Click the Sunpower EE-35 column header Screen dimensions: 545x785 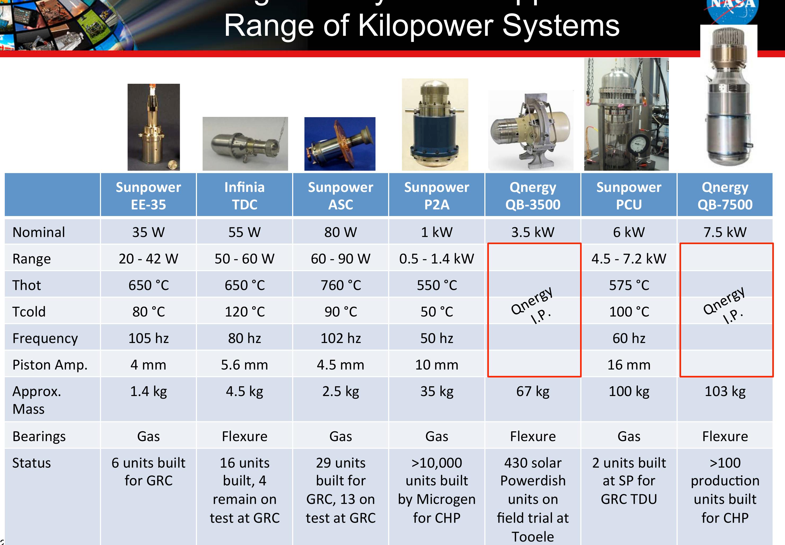pyautogui.click(x=148, y=196)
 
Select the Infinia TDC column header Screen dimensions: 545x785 pyautogui.click(x=244, y=196)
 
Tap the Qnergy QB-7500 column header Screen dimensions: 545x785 pyautogui.click(x=725, y=196)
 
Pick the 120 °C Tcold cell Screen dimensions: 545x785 pyautogui.click(x=244, y=312)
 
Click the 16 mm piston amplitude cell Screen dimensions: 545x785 pyautogui.click(x=629, y=365)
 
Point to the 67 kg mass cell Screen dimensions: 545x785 pyautogui.click(x=533, y=391)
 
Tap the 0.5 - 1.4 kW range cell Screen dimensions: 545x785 pyautogui.click(x=436, y=259)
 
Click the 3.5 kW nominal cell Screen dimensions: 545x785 pyautogui.click(x=533, y=232)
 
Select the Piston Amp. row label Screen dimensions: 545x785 pyautogui.click(x=50, y=365)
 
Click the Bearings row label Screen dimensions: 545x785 pyautogui.click(x=39, y=436)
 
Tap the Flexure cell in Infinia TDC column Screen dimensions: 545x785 pyautogui.click(x=244, y=436)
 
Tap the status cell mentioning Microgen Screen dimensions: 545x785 pyautogui.click(x=436, y=490)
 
